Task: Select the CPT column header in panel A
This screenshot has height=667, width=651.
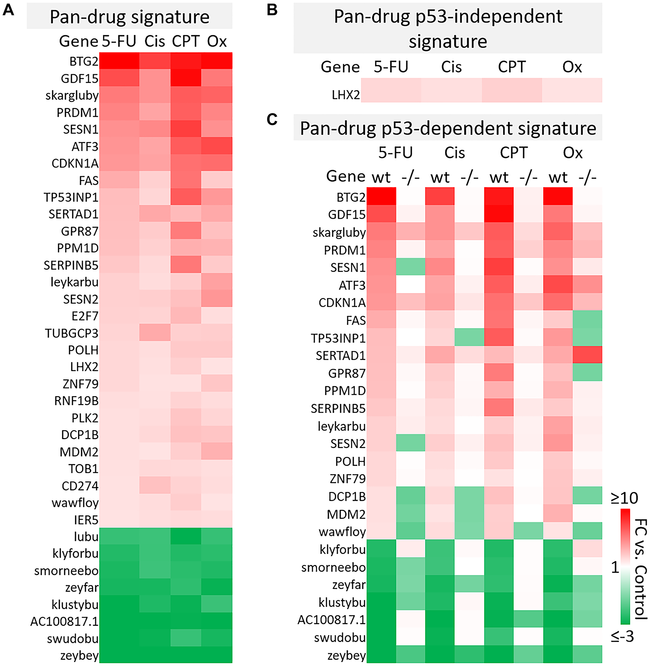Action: (185, 41)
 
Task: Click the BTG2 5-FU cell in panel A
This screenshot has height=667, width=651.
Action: (119, 61)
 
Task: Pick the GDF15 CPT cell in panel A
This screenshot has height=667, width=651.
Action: (185, 78)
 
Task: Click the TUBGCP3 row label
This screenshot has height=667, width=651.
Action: (72, 333)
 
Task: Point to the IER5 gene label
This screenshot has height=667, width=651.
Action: (86, 520)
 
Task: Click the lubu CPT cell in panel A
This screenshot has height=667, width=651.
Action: (185, 536)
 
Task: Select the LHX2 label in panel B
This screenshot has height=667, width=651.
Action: (346, 95)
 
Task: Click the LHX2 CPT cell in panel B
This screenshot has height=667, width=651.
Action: (511, 90)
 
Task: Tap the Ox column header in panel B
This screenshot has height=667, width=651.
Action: (572, 67)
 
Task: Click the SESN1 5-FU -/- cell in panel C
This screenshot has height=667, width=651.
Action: (410, 267)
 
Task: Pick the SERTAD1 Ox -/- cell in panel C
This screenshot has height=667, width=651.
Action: (587, 355)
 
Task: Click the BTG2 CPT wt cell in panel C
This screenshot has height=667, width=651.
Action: (499, 196)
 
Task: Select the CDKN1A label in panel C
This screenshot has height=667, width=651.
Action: (342, 303)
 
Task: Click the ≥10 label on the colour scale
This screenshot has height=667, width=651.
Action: (624, 498)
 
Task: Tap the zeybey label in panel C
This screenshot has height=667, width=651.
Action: (346, 655)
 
